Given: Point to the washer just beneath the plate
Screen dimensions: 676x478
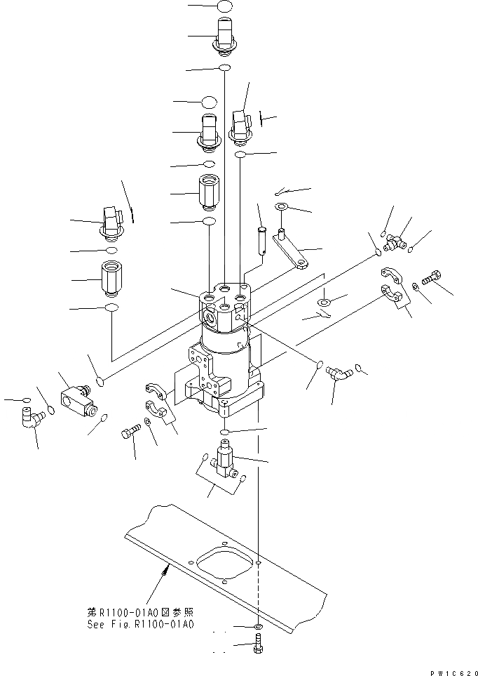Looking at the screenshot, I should tap(259, 625).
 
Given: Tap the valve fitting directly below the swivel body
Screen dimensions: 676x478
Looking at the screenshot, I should tap(224, 458).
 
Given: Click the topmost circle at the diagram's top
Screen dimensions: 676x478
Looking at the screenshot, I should tap(224, 6).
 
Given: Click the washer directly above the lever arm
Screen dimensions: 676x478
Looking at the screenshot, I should tap(281, 206).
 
